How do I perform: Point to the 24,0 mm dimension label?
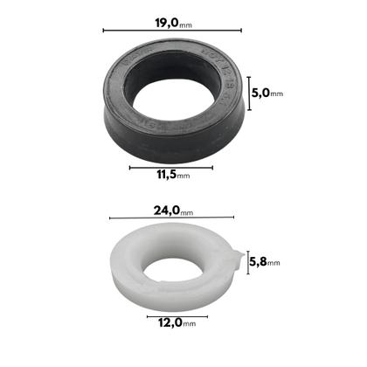click(x=172, y=211)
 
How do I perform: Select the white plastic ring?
click(x=131, y=280)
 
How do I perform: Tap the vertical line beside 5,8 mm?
click(x=248, y=262)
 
